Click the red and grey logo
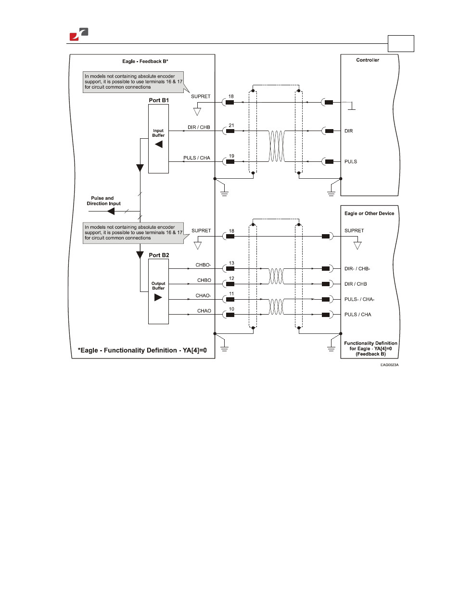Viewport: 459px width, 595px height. point(79,34)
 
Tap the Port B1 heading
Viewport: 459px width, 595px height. point(159,100)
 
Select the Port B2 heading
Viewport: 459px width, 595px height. point(159,255)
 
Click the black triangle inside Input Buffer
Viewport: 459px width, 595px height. point(159,145)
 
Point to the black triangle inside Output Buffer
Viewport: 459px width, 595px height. point(158,297)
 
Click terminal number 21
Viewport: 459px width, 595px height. point(231,125)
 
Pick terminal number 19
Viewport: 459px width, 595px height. point(231,156)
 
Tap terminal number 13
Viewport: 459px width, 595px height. point(231,263)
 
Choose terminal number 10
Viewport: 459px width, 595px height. point(231,309)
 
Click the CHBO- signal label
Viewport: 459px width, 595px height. point(203,265)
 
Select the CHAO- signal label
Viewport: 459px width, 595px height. point(203,296)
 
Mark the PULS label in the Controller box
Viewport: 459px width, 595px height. point(351,161)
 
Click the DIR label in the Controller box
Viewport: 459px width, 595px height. point(348,131)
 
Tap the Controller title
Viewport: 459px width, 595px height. point(368,60)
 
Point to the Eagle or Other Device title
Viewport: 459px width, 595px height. point(369,213)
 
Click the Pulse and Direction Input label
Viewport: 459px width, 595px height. point(103,201)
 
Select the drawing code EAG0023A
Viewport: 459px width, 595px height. point(389,365)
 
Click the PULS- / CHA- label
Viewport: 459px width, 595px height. point(359,299)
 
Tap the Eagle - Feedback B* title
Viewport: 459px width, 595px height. point(145,61)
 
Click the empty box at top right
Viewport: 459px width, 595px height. point(401,43)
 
